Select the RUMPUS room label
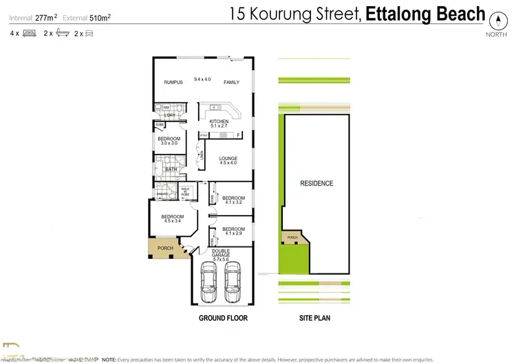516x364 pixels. (173, 82)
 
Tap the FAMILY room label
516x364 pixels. (231, 82)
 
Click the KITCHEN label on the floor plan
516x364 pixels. (219, 122)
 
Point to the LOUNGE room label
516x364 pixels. (228, 158)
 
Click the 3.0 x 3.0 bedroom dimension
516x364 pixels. (169, 143)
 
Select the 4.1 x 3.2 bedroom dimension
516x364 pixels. (233, 203)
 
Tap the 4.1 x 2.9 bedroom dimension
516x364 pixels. (233, 234)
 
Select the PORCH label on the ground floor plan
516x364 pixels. (165, 249)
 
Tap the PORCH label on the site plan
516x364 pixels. (292, 239)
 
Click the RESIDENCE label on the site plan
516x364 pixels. (316, 183)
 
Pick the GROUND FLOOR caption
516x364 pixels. (222, 318)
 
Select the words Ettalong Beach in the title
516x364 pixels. (425, 13)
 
